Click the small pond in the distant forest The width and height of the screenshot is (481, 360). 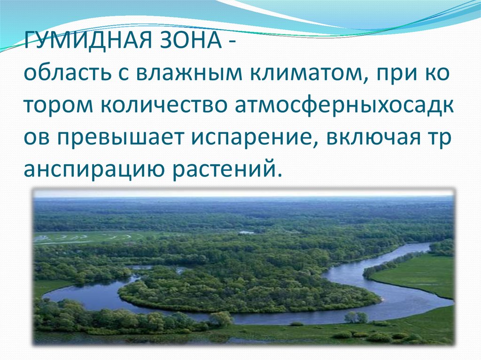click(x=246, y=232)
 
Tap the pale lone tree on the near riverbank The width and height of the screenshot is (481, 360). click(x=221, y=319)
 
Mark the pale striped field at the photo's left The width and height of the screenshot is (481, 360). click(x=85, y=237)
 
